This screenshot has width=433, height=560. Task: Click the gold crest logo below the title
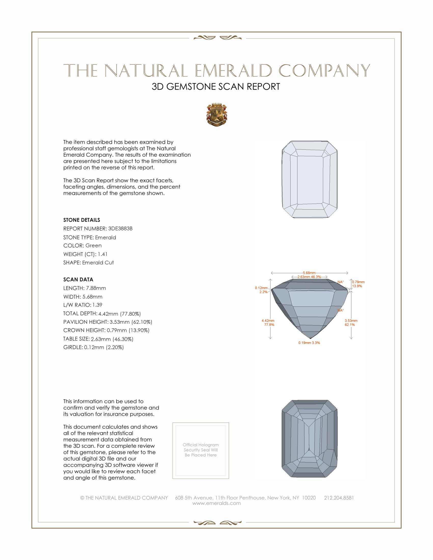coord(217,115)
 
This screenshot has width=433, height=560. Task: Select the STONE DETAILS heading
coord(82,220)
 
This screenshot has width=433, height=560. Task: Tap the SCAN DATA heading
coord(78,279)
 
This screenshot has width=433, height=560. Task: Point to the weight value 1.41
coord(103,254)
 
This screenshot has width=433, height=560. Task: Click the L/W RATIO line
coord(83,305)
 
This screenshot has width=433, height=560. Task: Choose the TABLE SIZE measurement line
coord(98,339)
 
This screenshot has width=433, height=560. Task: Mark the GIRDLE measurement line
coord(93,347)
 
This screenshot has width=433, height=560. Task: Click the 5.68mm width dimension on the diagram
coord(309,273)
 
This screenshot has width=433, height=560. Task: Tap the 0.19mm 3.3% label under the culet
coord(309,343)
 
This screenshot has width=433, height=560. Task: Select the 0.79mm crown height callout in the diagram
coord(358,282)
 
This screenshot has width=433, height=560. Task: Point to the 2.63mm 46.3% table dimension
coord(309,277)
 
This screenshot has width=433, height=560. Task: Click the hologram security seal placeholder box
coord(201,451)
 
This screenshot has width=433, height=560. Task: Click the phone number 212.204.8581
coord(339,498)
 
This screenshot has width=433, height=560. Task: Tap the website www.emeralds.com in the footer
coord(216,503)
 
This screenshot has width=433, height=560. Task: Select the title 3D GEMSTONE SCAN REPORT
coord(216,87)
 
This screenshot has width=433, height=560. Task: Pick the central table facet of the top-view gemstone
coord(310,179)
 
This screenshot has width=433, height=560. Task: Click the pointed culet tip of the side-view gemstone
coord(310,338)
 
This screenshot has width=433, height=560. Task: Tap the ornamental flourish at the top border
coord(218,38)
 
